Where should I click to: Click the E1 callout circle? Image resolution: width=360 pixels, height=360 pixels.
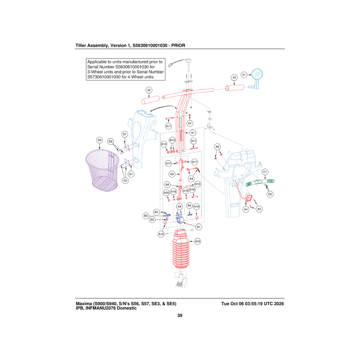(244, 75)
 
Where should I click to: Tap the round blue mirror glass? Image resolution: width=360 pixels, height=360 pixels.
(257, 74)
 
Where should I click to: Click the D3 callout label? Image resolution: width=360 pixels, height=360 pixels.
(100, 140)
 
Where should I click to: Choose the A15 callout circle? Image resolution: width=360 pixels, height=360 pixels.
(198, 241)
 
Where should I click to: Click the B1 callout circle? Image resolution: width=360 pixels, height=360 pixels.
(199, 227)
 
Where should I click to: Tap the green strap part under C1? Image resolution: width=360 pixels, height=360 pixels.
(260, 182)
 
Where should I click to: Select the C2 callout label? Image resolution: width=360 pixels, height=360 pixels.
(270, 194)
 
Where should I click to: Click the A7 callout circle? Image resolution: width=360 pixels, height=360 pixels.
(190, 124)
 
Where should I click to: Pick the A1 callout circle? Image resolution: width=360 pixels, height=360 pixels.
(193, 133)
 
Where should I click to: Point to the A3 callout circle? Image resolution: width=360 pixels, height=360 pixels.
(172, 174)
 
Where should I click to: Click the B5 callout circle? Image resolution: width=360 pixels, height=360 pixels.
(156, 212)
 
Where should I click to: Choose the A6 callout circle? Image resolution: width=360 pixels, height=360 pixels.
(217, 147)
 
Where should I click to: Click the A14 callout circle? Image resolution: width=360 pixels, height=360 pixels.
(164, 144)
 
